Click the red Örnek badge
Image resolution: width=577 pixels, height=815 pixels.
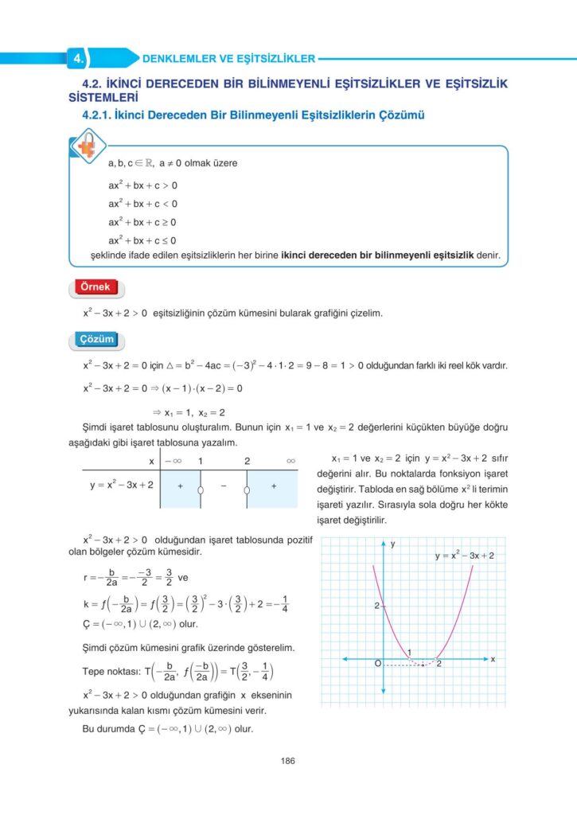[x=96, y=287]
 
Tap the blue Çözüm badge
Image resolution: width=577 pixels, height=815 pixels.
[x=96, y=340]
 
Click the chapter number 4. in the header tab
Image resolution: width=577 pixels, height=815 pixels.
[x=78, y=58]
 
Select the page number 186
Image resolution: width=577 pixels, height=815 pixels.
[x=288, y=761]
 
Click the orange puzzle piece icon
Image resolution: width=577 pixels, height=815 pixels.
[x=84, y=150]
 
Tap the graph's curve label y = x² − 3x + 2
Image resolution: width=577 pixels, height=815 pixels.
[x=465, y=556]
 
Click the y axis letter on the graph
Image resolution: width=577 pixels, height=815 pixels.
[x=393, y=543]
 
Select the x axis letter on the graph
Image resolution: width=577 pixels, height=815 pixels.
[x=493, y=659]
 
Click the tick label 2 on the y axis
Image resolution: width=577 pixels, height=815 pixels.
[x=376, y=606]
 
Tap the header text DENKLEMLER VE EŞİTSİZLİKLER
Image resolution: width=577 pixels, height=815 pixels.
[x=228, y=58]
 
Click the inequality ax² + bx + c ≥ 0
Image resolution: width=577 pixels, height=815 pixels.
[x=142, y=222]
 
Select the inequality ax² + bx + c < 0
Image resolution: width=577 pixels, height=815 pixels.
[x=142, y=204]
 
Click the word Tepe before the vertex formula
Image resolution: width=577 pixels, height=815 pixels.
[x=96, y=670]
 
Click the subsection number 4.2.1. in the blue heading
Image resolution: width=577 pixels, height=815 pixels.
[x=90, y=115]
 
